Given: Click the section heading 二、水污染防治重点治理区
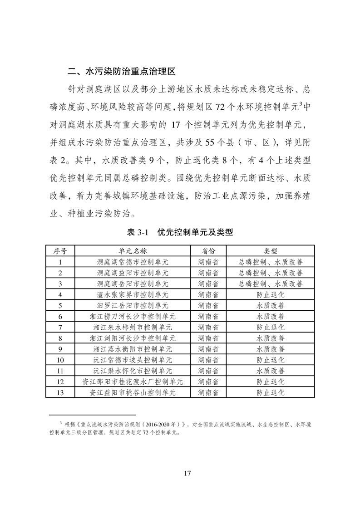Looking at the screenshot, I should pos(121,71).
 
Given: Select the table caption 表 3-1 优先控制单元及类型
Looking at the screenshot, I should pos(180,232).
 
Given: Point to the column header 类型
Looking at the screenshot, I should pos(271,251).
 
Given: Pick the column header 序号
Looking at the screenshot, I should pos(60,251).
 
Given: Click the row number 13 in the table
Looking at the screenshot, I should pos(60,392).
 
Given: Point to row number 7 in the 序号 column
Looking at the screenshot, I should pos(60,327).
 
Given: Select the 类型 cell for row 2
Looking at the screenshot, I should pos(271,273).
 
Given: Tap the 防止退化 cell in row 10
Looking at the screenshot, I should pos(271,360).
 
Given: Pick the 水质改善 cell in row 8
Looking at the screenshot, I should pos(271,338).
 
